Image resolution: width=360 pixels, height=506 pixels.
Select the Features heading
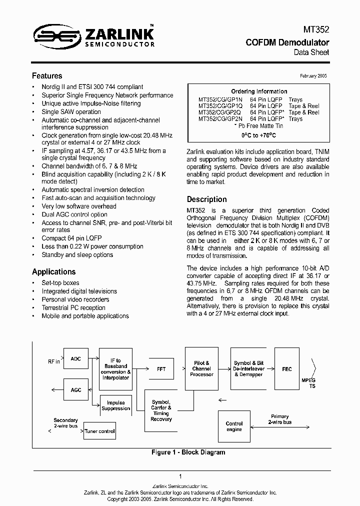(x=47, y=76)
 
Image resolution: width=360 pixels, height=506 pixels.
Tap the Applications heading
(x=53, y=271)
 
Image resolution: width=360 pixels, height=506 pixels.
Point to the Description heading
(x=206, y=199)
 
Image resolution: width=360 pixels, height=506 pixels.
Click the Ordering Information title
(x=259, y=91)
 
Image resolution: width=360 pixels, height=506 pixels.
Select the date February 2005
(x=313, y=75)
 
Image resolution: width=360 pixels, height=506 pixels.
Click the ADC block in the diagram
(x=75, y=359)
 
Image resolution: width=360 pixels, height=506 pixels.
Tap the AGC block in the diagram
(x=75, y=389)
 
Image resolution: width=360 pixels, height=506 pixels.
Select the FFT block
(x=161, y=369)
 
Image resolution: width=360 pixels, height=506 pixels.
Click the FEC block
(x=286, y=369)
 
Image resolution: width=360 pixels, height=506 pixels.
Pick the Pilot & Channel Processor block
(x=201, y=368)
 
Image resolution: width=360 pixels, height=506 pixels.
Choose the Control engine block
(x=234, y=426)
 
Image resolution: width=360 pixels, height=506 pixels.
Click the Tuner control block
(x=99, y=431)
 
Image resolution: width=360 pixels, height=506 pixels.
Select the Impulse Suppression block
(x=115, y=405)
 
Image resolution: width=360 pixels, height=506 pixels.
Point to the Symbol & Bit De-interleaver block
(x=248, y=368)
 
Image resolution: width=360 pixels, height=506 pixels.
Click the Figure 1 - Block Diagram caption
(x=188, y=452)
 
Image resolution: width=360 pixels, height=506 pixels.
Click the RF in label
(x=53, y=361)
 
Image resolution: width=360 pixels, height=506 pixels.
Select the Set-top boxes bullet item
(x=60, y=283)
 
